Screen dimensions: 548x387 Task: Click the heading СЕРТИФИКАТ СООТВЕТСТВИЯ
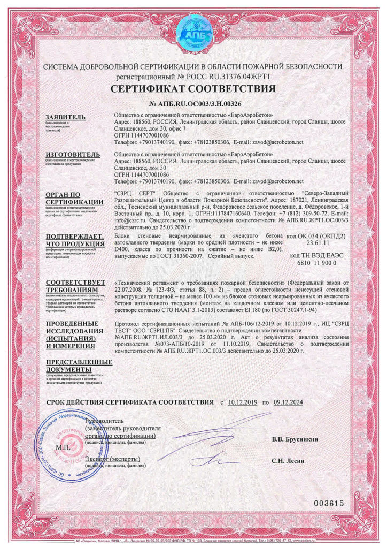[193, 88]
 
